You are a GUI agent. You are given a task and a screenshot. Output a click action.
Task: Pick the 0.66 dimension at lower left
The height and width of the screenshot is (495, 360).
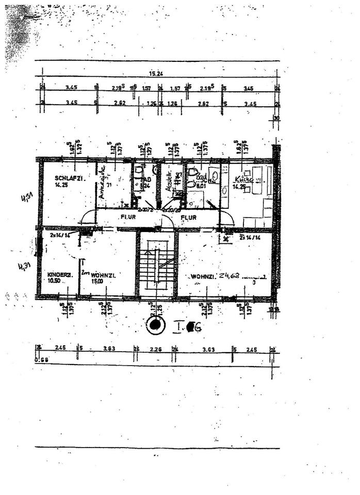pos(39,359)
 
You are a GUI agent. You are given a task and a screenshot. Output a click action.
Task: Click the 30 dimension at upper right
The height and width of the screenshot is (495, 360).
pos(276,118)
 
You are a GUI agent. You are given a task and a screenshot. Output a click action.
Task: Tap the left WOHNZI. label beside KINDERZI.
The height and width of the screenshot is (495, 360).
pos(103,275)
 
